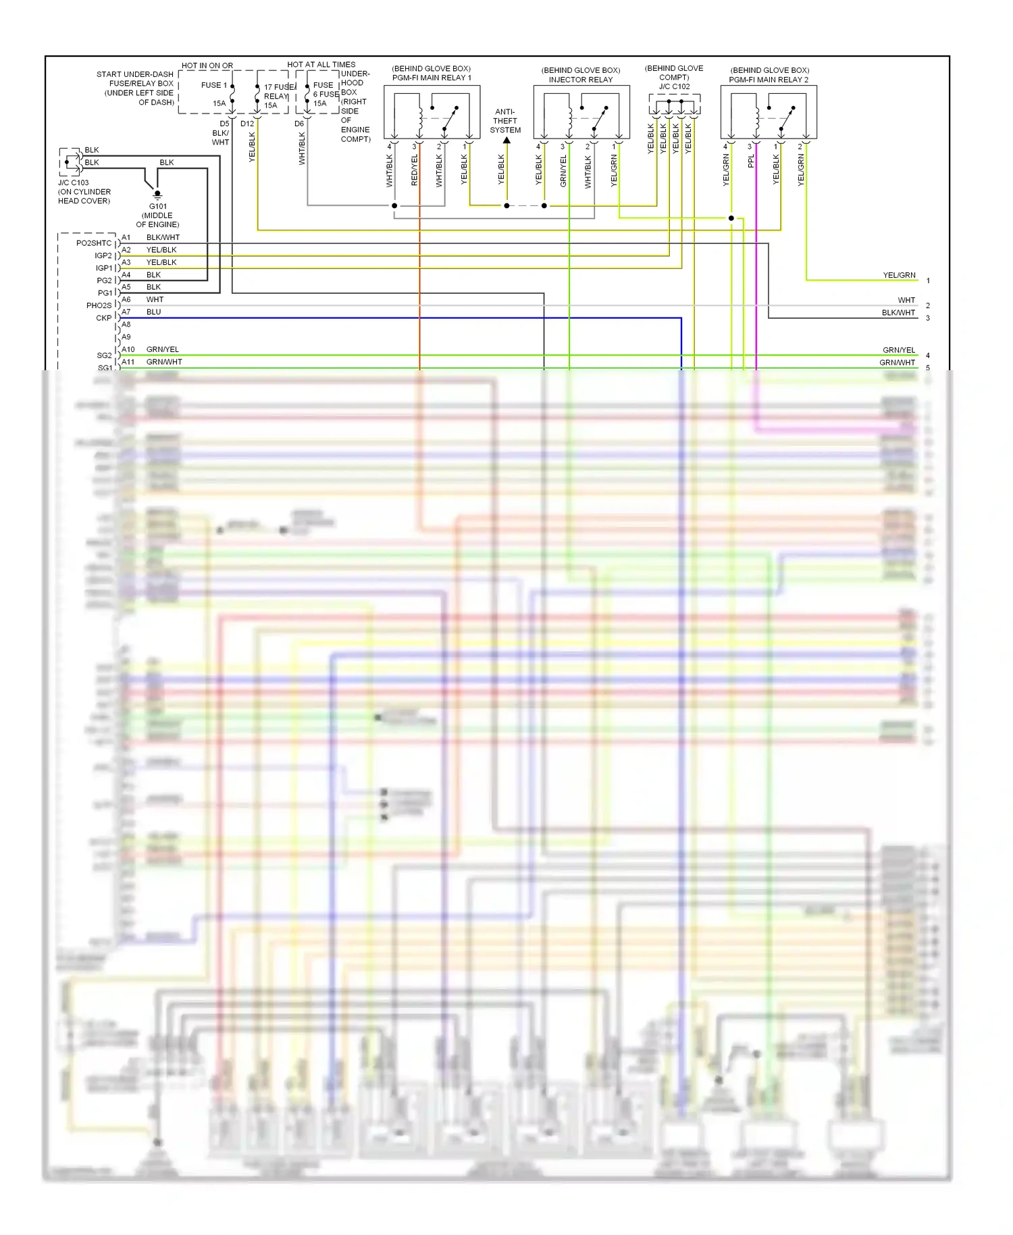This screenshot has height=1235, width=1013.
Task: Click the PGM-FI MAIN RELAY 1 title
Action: tap(432, 78)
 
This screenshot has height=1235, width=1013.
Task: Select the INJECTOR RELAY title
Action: tap(580, 80)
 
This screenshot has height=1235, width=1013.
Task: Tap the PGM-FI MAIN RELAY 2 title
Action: tap(769, 80)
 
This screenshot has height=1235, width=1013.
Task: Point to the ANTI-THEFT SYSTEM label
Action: tap(505, 121)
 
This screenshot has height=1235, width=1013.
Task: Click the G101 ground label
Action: tap(158, 207)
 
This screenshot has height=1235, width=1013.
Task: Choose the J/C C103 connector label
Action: tap(73, 183)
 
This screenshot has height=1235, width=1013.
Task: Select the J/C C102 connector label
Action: tap(674, 86)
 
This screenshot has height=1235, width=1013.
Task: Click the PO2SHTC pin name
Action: tap(94, 243)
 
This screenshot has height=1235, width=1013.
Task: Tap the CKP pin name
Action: tap(103, 318)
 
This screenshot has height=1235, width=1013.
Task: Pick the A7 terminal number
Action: tap(126, 312)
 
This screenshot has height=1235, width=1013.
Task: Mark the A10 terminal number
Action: tap(128, 349)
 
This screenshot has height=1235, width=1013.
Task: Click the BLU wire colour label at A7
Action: tap(154, 312)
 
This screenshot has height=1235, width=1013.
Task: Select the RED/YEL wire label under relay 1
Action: tap(415, 170)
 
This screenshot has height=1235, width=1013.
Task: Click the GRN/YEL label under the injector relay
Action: tap(563, 171)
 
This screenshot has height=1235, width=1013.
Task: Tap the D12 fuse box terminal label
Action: tap(247, 124)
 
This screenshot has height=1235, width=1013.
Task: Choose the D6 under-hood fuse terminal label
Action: tap(299, 124)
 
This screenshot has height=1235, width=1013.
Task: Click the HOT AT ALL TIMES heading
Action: tap(321, 65)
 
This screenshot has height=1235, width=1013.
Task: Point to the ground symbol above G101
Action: tap(158, 195)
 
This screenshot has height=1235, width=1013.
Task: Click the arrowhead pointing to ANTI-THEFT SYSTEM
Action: tap(506, 141)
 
